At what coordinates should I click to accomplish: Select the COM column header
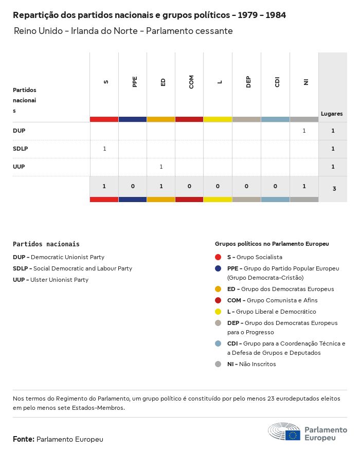coord(191,82)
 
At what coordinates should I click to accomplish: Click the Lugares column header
coord(332,114)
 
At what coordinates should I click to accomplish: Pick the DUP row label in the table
coord(19,131)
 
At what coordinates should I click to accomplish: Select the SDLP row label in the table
coord(21,149)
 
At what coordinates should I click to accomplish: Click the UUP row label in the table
coord(19,167)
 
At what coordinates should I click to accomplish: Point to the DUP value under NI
coord(304,131)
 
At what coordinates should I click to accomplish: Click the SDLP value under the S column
coord(104,149)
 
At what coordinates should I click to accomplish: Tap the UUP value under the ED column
coord(161,167)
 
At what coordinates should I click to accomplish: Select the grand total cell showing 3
coord(334,189)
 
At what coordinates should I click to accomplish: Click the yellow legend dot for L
coord(218,312)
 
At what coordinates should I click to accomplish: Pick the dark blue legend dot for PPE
coord(218,268)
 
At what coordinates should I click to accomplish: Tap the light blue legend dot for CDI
coord(218,343)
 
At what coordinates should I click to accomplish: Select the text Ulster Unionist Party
coord(59,280)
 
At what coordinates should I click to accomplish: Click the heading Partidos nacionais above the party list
coord(46,244)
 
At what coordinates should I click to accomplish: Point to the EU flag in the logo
coord(293,436)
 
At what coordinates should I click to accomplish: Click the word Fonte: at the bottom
coord(24,439)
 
